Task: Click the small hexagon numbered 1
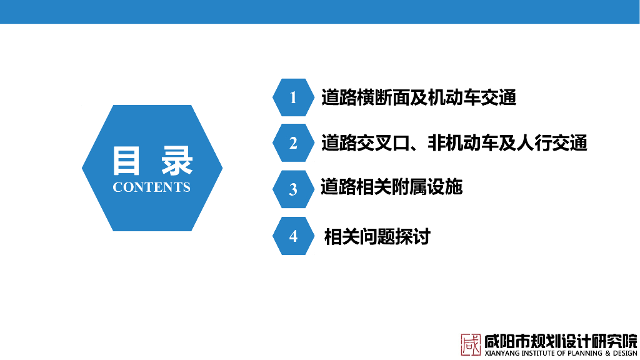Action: (x=293, y=97)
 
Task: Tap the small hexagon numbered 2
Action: (x=293, y=143)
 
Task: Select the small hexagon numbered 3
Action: (x=293, y=189)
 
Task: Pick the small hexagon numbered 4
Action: (x=293, y=236)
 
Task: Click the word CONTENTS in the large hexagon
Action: (x=151, y=187)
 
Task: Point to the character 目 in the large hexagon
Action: (x=126, y=161)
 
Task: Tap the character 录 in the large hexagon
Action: (x=177, y=161)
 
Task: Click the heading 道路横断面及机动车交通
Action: (x=419, y=97)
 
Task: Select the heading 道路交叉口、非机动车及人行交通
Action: (x=454, y=143)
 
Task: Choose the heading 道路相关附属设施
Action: (x=391, y=187)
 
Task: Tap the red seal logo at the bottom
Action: (x=471, y=344)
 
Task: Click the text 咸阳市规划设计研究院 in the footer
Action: (x=561, y=341)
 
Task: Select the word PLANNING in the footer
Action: (x=585, y=353)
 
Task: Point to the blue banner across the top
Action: (x=320, y=12)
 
